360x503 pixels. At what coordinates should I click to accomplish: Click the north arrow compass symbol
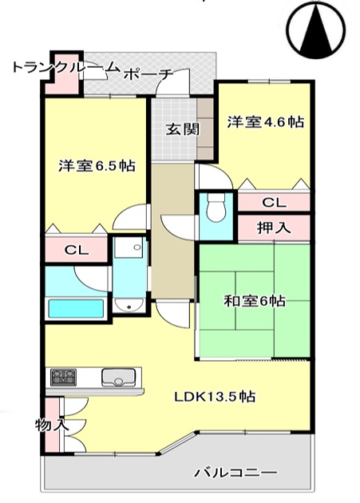(x=316, y=30)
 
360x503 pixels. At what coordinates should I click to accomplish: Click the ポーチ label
(x=148, y=75)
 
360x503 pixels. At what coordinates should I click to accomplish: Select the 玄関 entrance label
(x=183, y=129)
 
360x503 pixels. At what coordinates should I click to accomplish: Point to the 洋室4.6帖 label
(x=266, y=122)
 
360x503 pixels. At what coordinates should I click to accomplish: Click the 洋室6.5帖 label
(x=97, y=165)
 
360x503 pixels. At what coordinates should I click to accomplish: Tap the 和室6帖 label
(x=254, y=301)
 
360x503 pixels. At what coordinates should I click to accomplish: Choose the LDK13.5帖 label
(x=215, y=397)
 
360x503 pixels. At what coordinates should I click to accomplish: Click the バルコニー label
(x=235, y=472)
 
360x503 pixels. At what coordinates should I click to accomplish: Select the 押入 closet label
(x=274, y=228)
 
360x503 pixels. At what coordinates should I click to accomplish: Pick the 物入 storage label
(x=52, y=426)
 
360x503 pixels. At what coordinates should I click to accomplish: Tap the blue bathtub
(x=76, y=308)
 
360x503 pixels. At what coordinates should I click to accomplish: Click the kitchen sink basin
(x=118, y=378)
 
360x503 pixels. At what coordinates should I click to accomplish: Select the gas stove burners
(x=64, y=377)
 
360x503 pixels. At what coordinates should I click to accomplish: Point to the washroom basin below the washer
(x=129, y=305)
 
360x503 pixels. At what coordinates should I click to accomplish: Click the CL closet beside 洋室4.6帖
(x=274, y=202)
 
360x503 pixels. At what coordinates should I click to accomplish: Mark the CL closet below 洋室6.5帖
(x=76, y=250)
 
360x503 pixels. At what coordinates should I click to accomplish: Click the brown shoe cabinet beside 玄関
(x=205, y=129)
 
